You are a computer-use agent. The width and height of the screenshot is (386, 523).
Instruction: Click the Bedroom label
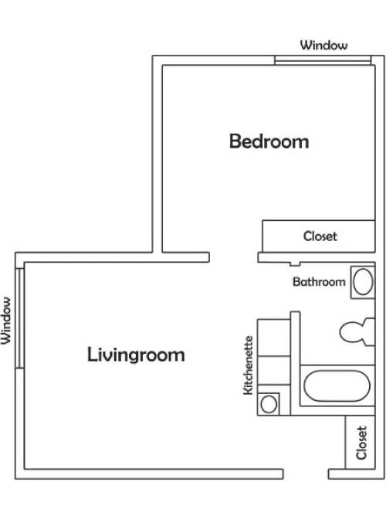click(x=269, y=141)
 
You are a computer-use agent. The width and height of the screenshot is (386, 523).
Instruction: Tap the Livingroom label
click(x=136, y=355)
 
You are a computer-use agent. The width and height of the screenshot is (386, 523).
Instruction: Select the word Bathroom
click(x=319, y=282)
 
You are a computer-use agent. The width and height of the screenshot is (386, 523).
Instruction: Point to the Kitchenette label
click(x=249, y=365)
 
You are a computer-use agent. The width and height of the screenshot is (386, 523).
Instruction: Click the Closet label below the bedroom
click(x=320, y=236)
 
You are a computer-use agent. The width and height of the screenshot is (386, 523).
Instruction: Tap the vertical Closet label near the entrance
click(x=361, y=443)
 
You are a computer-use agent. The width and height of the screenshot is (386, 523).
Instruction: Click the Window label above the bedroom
click(x=323, y=45)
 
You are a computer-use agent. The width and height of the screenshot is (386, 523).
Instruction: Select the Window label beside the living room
click(x=6, y=321)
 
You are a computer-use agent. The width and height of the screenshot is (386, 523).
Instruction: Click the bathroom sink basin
click(x=363, y=282)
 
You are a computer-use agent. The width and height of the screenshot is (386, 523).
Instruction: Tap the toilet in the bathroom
click(x=357, y=332)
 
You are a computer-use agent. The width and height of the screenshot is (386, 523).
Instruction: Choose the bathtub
click(x=337, y=386)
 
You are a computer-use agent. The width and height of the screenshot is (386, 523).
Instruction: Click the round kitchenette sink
click(x=269, y=404)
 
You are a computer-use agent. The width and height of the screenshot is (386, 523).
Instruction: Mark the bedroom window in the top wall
click(x=323, y=60)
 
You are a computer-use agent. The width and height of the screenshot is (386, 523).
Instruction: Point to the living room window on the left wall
click(x=20, y=318)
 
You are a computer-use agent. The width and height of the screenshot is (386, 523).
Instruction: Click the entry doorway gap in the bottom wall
click(x=306, y=474)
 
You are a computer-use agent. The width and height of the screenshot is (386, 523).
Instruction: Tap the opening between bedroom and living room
click(x=233, y=257)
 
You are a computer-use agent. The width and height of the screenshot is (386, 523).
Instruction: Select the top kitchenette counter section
click(x=273, y=338)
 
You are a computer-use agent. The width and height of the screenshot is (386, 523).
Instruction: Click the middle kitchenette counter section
click(x=273, y=370)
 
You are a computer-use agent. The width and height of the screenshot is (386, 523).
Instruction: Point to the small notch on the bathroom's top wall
click(x=295, y=264)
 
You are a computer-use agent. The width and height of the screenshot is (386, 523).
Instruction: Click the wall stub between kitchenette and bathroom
click(x=296, y=363)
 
